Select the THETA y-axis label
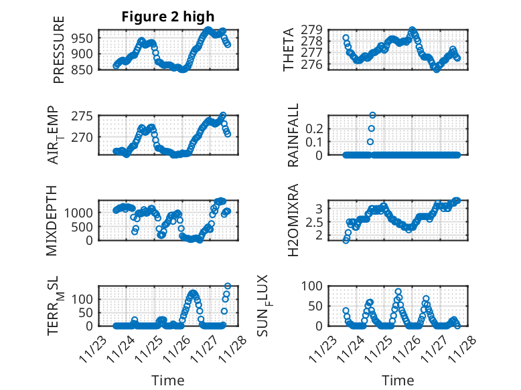289,50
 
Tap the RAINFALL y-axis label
293,135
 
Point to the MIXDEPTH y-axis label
52,220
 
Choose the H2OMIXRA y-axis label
293,220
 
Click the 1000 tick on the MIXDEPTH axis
80,212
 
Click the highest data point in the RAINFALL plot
372,115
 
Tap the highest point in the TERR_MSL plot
228,286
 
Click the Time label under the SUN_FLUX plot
398,381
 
